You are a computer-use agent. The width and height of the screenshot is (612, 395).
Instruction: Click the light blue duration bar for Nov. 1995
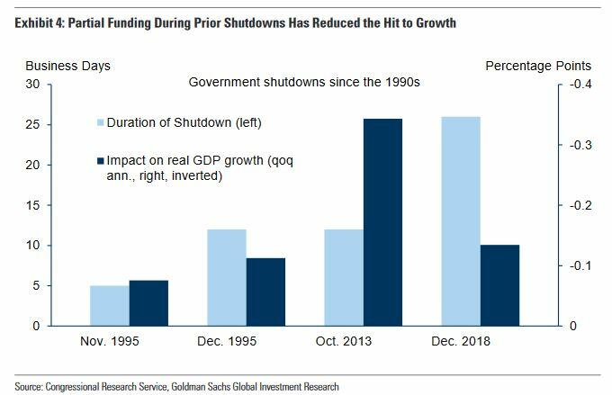click(x=110, y=306)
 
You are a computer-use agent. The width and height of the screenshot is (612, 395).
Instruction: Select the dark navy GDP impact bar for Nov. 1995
click(x=149, y=303)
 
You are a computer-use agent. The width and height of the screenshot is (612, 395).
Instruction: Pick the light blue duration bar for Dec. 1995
click(x=227, y=277)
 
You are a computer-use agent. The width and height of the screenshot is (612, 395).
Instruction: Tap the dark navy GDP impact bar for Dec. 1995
click(x=265, y=292)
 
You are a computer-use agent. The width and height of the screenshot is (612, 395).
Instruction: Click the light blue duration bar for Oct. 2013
click(x=344, y=277)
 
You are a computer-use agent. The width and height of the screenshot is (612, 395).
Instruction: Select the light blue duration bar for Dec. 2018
click(x=460, y=221)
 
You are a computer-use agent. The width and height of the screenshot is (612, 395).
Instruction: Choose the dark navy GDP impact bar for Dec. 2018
click(x=499, y=285)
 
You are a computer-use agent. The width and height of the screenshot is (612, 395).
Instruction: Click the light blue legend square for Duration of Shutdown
click(x=100, y=122)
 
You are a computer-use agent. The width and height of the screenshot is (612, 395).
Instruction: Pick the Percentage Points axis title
click(x=538, y=66)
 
